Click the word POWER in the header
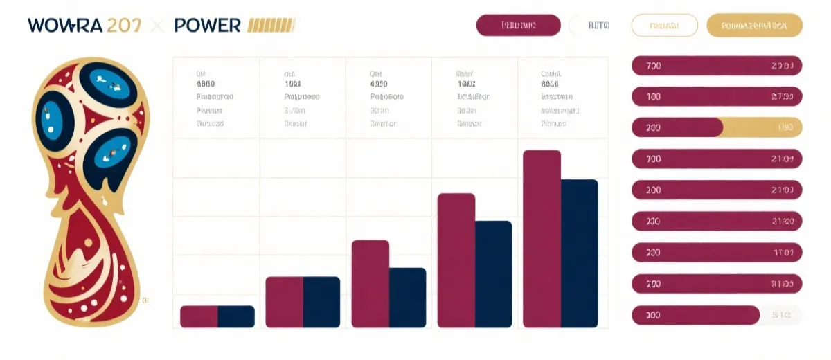click(207, 26)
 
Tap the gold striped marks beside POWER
click(271, 26)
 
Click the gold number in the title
click(125, 26)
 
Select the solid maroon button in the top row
click(518, 26)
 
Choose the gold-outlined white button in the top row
click(665, 26)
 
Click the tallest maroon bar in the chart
click(542, 238)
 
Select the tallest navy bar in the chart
click(580, 253)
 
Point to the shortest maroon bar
click(199, 316)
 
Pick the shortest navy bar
click(236, 316)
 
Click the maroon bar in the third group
click(370, 283)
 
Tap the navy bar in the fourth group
click(494, 273)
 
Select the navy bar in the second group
click(321, 302)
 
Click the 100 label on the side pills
click(653, 97)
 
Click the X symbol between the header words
click(157, 26)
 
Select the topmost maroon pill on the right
click(717, 66)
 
